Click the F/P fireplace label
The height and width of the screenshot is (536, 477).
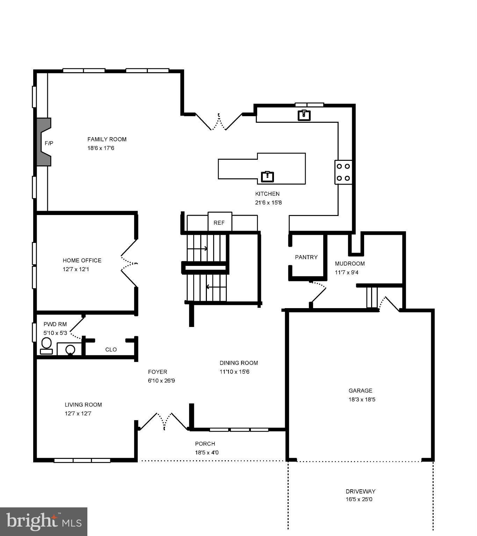pos(49,143)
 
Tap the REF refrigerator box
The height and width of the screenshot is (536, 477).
pos(219,223)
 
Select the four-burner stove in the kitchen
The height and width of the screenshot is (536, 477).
pos(343,172)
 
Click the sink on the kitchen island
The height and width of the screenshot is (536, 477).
pos(267,177)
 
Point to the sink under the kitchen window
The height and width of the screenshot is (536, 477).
pos(304,115)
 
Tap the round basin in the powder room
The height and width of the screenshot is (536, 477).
pos(70,349)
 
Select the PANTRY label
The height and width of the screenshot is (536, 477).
pos(306,257)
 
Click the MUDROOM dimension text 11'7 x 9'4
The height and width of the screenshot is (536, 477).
pos(347,273)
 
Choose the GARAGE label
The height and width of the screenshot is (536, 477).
pos(360,390)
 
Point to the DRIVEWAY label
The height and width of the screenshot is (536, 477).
pos(361,491)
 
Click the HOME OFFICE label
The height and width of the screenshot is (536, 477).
pos(82,260)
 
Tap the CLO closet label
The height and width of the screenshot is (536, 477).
pos(111,349)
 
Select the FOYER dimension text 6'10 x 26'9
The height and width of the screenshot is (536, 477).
pos(161,381)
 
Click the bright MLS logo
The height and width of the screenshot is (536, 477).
pos(44,522)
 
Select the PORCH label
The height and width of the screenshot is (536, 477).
pos(205,444)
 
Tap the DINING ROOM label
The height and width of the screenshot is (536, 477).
pos(239,363)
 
